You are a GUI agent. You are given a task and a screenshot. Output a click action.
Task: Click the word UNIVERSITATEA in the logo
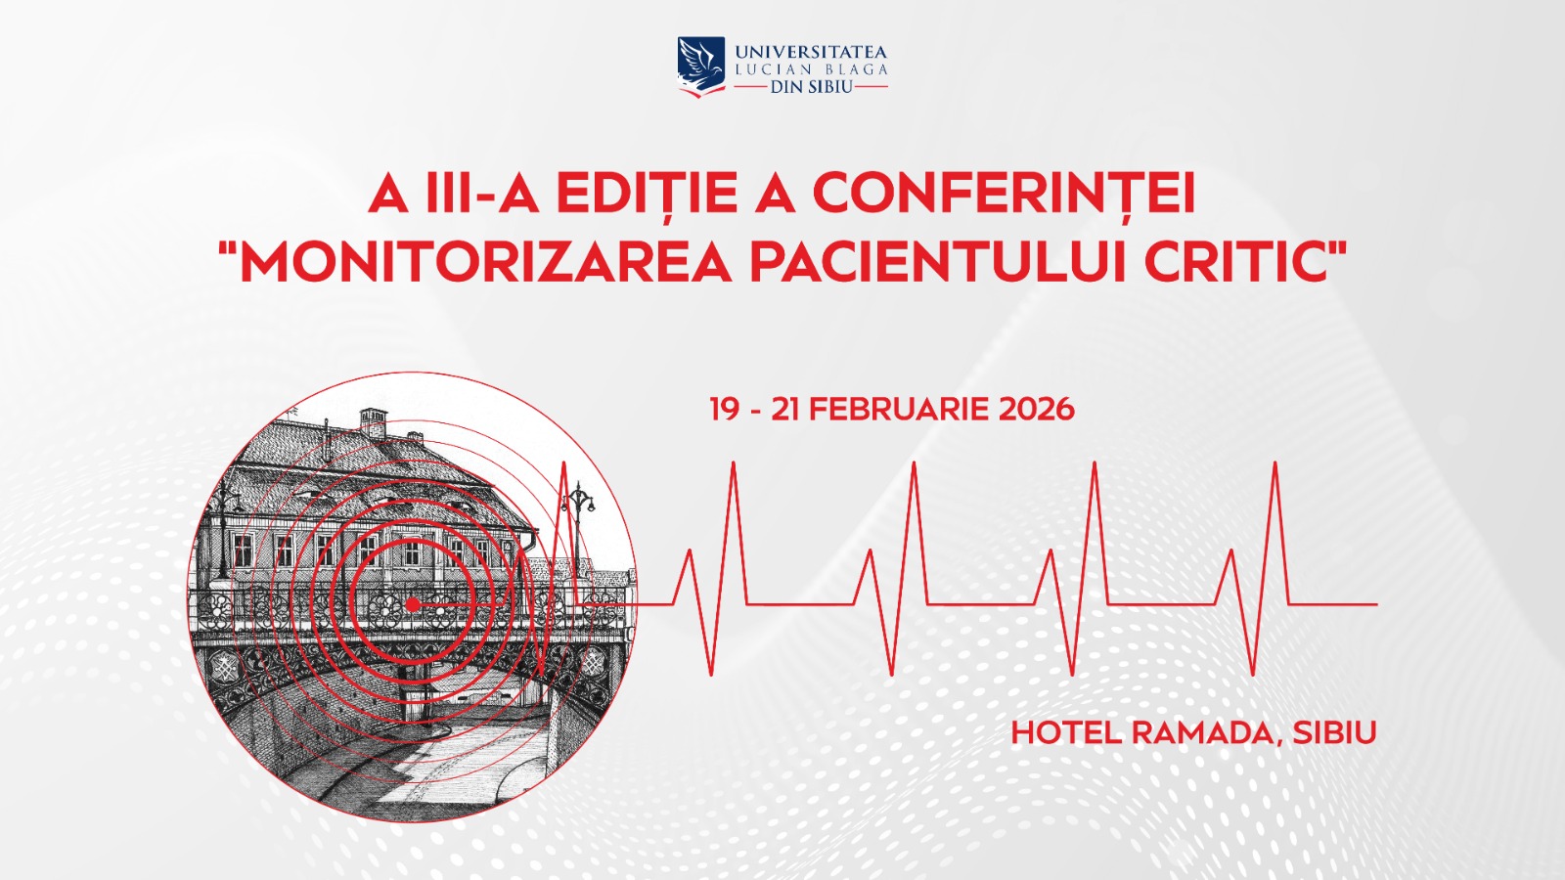(x=811, y=53)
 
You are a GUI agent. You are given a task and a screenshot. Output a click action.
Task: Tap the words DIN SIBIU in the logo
(x=811, y=87)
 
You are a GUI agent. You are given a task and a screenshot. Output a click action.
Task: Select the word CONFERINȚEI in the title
(x=1004, y=194)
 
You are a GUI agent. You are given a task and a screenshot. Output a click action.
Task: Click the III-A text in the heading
(x=482, y=194)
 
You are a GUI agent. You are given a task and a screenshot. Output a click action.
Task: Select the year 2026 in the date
(x=1036, y=410)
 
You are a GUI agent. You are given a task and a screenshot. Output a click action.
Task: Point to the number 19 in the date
(x=725, y=410)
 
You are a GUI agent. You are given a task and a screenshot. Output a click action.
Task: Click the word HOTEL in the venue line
(x=1066, y=732)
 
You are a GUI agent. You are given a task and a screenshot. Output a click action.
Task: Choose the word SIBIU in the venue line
(x=1334, y=732)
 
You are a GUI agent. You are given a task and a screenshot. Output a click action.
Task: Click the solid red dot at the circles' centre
(x=413, y=604)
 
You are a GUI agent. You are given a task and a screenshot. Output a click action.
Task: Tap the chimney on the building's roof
(x=373, y=422)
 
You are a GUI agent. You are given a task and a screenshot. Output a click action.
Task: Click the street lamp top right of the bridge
(x=578, y=517)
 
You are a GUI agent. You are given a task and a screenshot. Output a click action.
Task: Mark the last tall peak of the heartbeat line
(x=1275, y=463)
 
